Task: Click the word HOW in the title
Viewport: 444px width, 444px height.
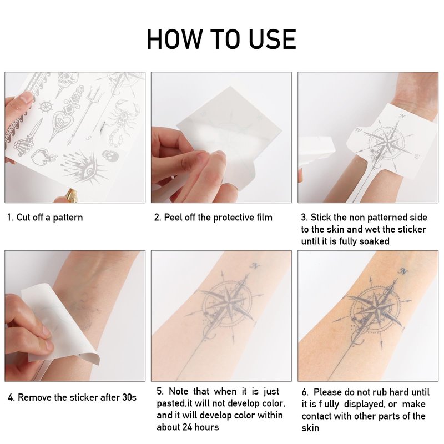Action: [175, 39]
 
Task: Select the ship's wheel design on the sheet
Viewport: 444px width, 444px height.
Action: [46, 107]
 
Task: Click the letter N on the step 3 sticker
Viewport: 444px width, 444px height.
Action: [402, 116]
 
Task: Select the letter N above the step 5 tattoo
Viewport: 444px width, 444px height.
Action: [255, 266]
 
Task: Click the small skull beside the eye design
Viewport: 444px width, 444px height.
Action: [108, 155]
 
